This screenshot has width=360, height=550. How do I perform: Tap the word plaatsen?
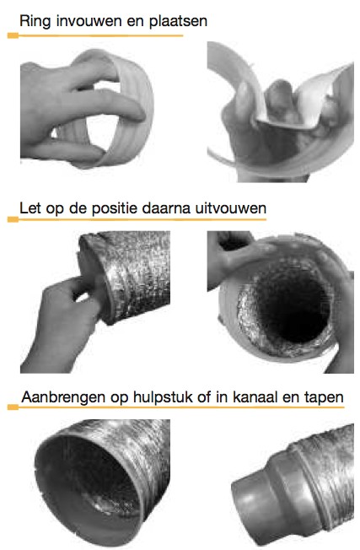(x=178, y=21)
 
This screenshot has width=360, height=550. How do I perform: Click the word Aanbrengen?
(x=63, y=397)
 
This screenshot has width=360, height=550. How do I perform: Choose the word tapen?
(x=324, y=398)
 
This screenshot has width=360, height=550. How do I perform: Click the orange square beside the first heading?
(x=13, y=35)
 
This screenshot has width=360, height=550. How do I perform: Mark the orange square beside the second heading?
(x=13, y=219)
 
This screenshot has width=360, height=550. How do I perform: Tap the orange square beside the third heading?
(x=13, y=407)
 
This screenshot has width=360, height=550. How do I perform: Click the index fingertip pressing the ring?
(x=137, y=114)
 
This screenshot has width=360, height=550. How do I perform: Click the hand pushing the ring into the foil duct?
(x=62, y=323)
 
